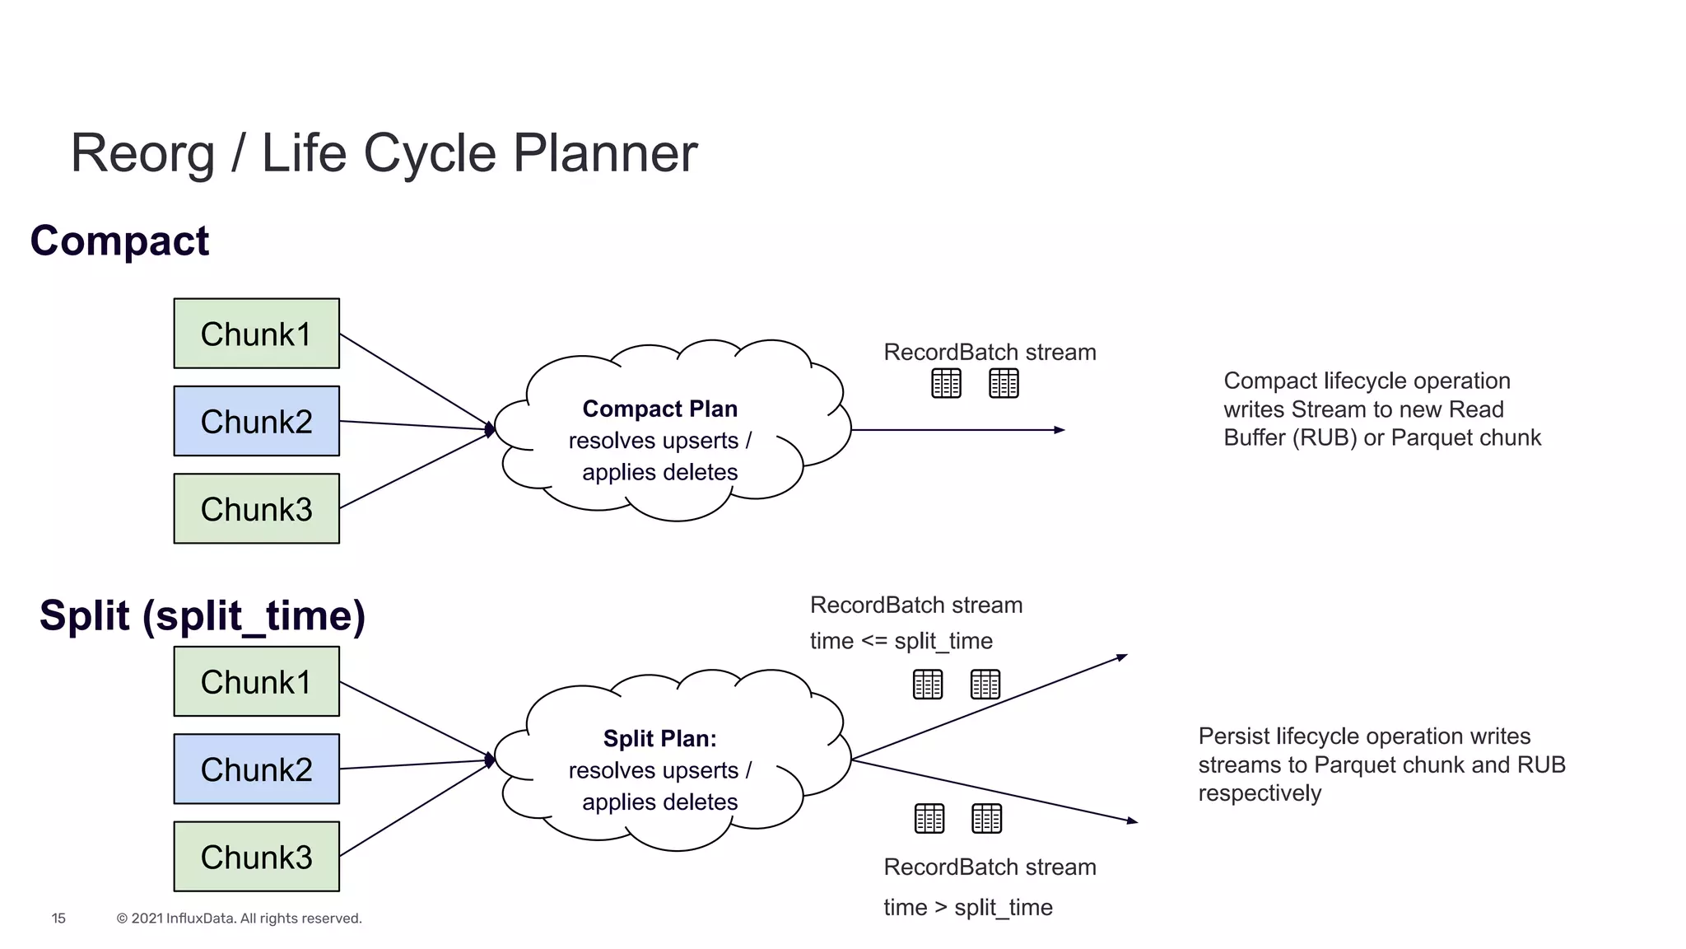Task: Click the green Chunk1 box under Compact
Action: click(256, 334)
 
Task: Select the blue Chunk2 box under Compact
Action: click(256, 421)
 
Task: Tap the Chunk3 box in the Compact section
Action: click(256, 508)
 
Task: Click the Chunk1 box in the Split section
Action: click(256, 681)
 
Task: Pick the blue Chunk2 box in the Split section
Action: click(256, 769)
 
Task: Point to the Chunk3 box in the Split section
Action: click(256, 857)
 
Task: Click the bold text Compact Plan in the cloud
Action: click(659, 409)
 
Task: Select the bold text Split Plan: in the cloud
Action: click(659, 738)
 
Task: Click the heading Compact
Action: click(119, 241)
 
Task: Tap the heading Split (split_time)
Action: click(203, 615)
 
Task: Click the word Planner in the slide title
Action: click(605, 153)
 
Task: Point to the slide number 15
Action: click(58, 918)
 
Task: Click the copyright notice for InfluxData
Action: click(239, 918)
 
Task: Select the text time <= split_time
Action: click(901, 641)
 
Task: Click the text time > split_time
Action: click(967, 907)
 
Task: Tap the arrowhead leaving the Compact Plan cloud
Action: click(1060, 430)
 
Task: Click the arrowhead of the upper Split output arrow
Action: click(1122, 657)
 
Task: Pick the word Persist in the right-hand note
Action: click(1232, 736)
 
